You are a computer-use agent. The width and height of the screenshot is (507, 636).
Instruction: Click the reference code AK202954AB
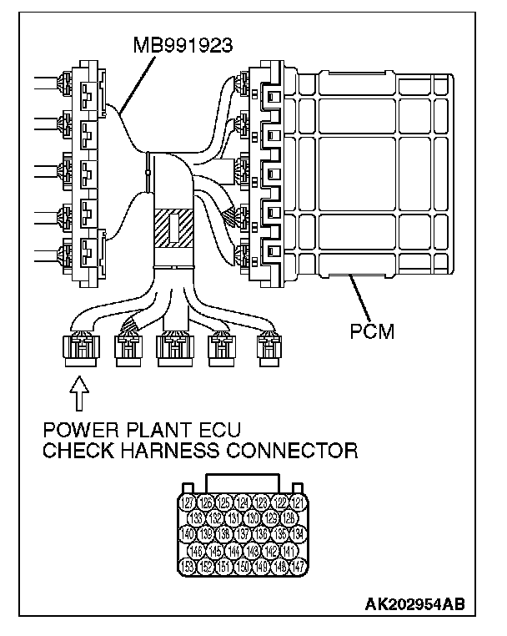(x=414, y=603)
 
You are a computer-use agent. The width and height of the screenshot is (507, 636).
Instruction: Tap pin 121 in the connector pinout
(x=298, y=502)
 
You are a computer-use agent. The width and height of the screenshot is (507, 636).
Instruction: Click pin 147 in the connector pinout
(x=298, y=566)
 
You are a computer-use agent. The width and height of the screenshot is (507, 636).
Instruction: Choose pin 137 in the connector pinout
(x=243, y=534)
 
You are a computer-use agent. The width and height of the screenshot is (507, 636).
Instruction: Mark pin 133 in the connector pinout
(x=198, y=518)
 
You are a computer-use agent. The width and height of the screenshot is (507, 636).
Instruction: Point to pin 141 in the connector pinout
(x=288, y=550)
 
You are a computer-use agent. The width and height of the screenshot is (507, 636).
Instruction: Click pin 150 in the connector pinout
(x=243, y=566)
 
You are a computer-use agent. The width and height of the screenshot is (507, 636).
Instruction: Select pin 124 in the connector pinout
(x=243, y=502)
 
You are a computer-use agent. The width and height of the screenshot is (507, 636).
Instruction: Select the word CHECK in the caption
(x=73, y=452)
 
